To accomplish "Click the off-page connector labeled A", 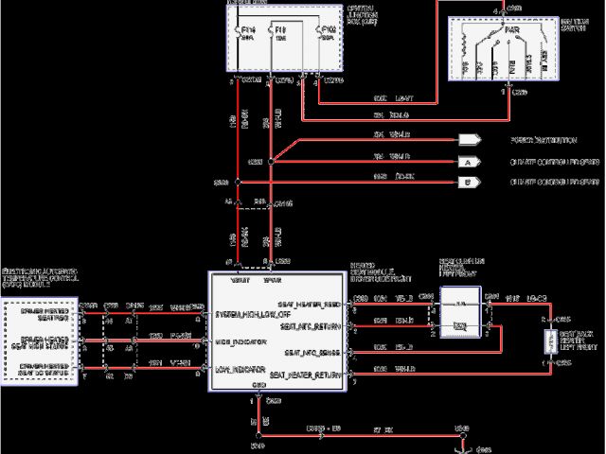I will pyautogui.click(x=468, y=162).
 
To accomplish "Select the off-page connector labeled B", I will pyautogui.click(x=468, y=180).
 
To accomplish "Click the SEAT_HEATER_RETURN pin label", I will pyautogui.click(x=305, y=375).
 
